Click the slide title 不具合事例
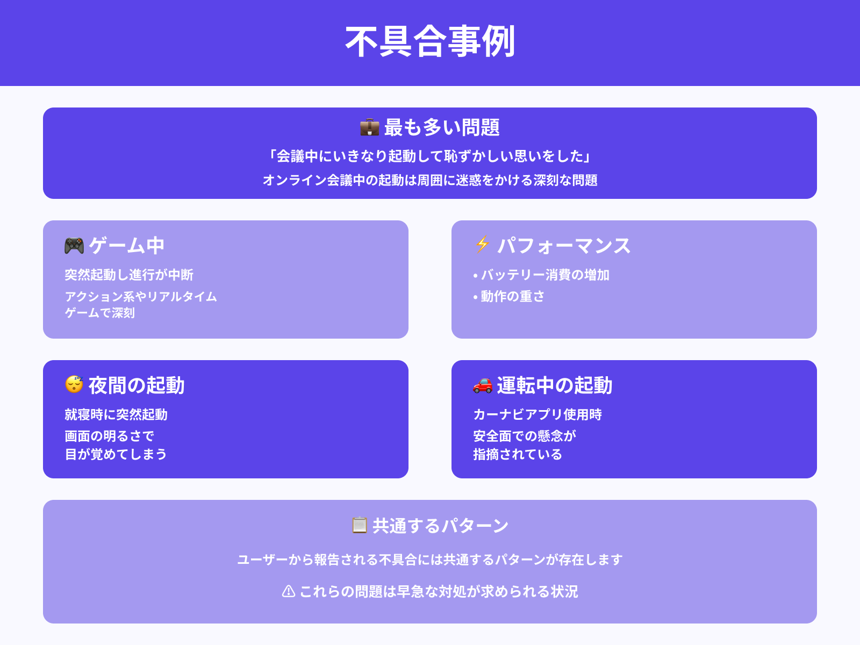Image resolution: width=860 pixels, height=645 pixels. (x=430, y=42)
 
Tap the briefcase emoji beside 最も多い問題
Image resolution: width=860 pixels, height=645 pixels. (x=369, y=127)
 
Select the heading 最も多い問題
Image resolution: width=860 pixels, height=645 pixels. (x=442, y=127)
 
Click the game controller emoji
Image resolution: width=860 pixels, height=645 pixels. (x=74, y=246)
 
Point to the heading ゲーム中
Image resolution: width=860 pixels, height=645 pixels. (x=127, y=246)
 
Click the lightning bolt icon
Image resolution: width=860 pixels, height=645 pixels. (x=482, y=245)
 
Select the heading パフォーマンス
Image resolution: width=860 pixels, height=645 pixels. (x=563, y=246)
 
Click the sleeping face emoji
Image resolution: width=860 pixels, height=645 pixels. (x=74, y=384)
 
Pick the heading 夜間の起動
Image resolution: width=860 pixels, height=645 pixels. (x=137, y=385)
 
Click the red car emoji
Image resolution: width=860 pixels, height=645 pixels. (x=482, y=385)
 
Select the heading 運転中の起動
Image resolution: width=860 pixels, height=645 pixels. (x=554, y=385)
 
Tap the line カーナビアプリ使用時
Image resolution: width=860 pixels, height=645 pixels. (x=537, y=414)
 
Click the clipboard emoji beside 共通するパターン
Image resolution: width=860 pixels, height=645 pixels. (x=359, y=525)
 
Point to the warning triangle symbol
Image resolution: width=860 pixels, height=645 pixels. (x=289, y=591)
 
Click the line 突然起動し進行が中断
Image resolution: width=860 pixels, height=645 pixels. (x=129, y=275)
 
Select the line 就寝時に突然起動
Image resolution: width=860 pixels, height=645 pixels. (x=116, y=414)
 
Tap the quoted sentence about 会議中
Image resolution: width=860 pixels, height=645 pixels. (x=430, y=156)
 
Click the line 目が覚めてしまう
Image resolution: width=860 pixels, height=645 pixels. (x=116, y=454)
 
